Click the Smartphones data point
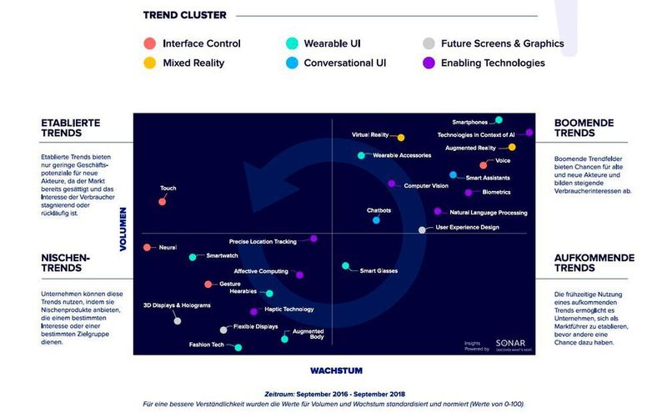(499, 120)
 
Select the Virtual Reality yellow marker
(401, 138)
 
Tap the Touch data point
(163, 202)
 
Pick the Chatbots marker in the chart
(376, 220)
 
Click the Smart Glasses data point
(346, 266)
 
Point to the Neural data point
(148, 248)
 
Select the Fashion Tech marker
(238, 347)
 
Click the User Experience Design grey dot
(422, 229)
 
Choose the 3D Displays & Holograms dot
(177, 320)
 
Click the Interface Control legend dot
(149, 43)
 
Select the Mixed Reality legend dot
(149, 63)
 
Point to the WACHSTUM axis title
(336, 370)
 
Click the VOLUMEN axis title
(123, 229)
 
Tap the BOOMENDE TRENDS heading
(584, 128)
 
